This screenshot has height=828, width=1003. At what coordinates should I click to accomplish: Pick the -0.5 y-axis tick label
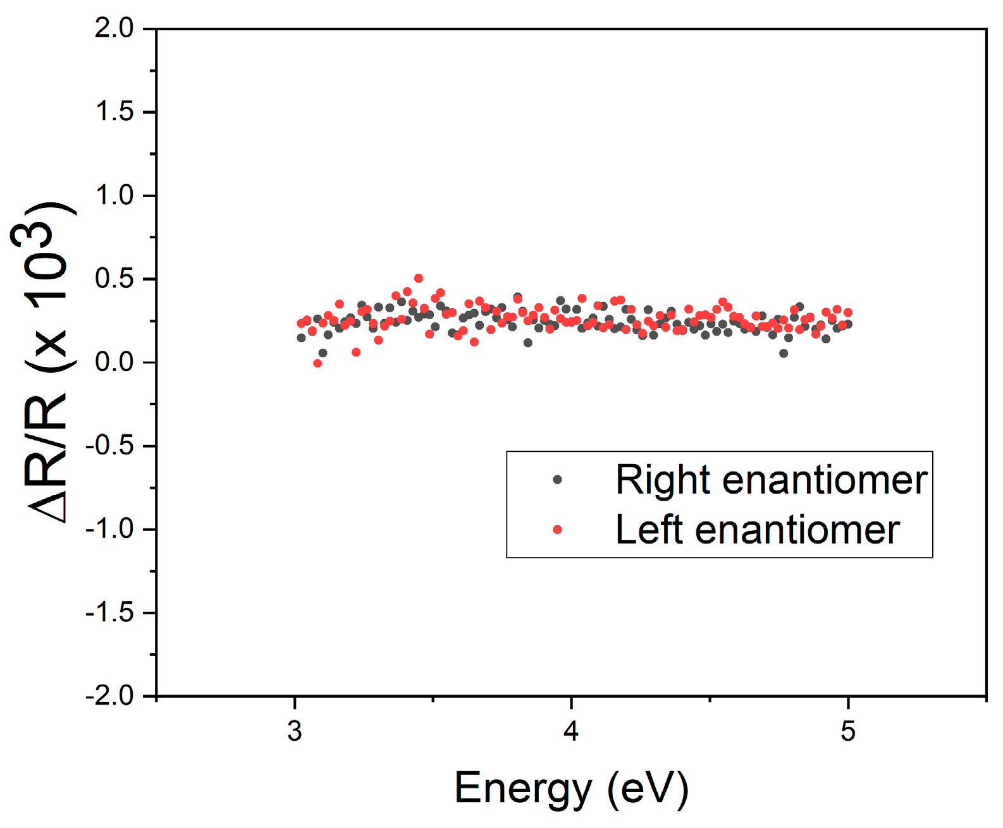[110, 446]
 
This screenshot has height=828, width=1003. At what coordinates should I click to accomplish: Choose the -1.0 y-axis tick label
[110, 529]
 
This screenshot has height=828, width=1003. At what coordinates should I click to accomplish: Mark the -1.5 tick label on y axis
[110, 612]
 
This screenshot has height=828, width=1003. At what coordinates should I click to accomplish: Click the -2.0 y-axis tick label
[110, 696]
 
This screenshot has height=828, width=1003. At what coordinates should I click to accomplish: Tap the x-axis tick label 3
[295, 731]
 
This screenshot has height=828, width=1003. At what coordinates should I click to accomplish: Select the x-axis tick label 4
[571, 731]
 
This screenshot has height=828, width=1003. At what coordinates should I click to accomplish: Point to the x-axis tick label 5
[847, 731]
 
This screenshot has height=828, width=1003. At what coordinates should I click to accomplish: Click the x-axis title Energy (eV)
[571, 788]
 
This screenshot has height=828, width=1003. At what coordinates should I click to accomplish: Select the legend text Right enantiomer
[771, 480]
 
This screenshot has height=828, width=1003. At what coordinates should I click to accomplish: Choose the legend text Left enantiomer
[757, 530]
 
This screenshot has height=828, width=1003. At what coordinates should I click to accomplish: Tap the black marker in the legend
[557, 480]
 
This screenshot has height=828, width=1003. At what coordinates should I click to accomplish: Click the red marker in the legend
[557, 530]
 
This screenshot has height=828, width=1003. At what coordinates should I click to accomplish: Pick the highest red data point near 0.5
[418, 278]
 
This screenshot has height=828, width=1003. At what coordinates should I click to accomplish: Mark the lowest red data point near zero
[317, 363]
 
